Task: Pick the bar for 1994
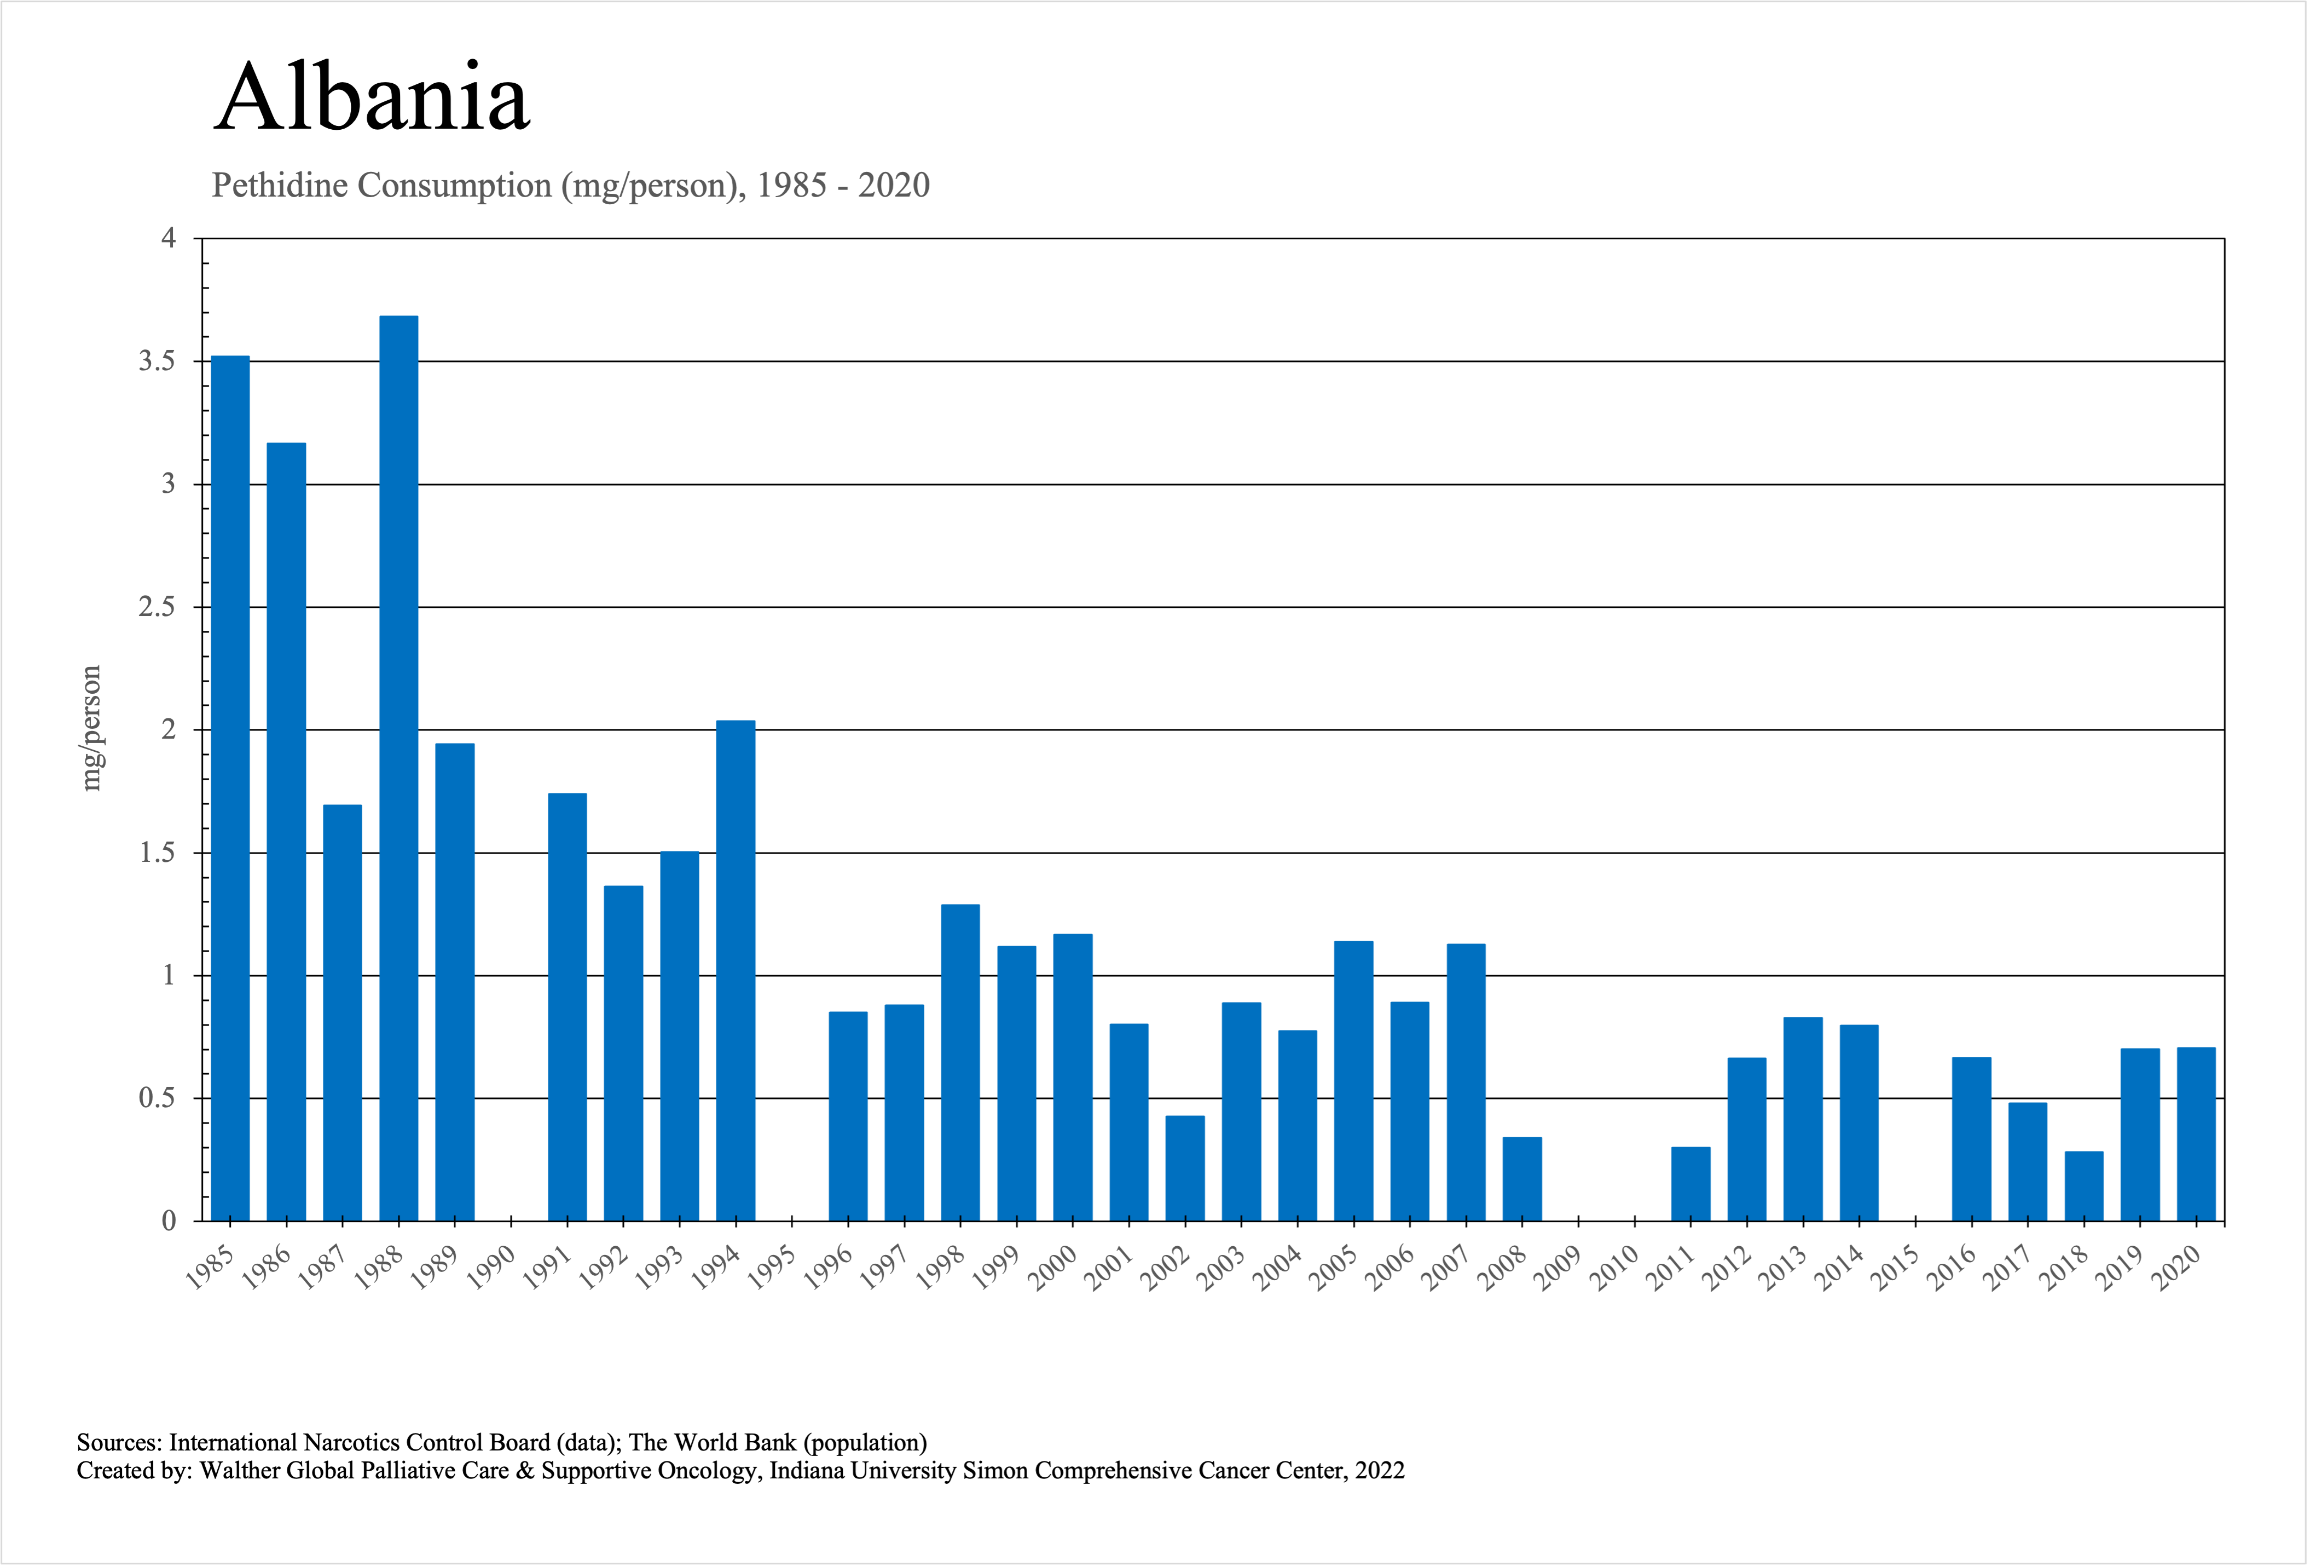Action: (736, 970)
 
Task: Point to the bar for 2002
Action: (1185, 1168)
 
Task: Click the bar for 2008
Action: (1522, 1179)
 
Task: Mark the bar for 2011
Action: (1690, 1184)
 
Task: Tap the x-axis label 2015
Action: (1896, 1268)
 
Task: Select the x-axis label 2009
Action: (1559, 1268)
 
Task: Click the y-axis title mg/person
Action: (91, 728)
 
